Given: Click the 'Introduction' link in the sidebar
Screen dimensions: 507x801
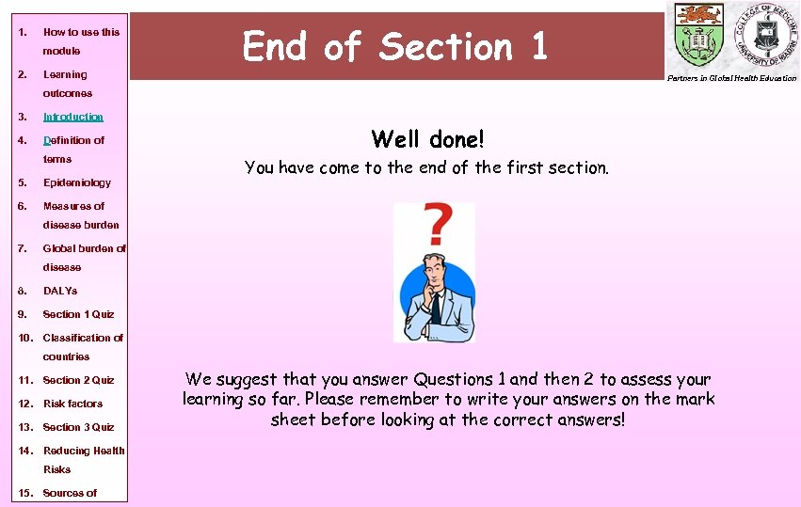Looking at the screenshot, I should pos(73,117).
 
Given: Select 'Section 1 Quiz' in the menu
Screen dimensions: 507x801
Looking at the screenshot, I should pos(78,314).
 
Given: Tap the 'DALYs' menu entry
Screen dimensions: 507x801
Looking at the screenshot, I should pos(60,291).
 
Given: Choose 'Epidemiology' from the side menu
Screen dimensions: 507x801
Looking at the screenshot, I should pos(77,182).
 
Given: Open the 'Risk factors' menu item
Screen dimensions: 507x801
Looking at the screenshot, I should pos(72,404).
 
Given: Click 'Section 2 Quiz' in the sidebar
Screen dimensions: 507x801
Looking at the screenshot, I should pos(78,380).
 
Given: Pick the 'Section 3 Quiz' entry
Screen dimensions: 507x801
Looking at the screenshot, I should pos(78,427).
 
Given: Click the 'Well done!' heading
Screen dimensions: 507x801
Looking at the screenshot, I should pos(427,140).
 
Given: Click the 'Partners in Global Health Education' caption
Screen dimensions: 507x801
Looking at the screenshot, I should pos(731,78).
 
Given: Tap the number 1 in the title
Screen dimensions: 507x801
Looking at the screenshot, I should pos(538,46).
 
